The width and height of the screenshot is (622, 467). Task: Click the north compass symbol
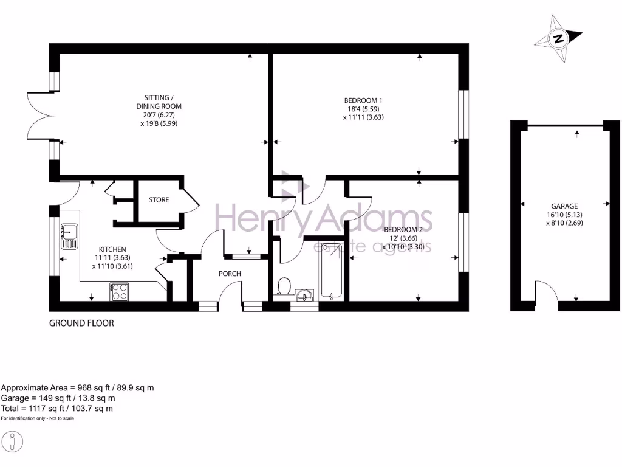(x=558, y=39)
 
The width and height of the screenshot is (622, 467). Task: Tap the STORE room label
(x=159, y=200)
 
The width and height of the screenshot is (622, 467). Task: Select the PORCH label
(x=230, y=274)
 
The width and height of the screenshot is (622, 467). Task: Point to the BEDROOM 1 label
(x=363, y=100)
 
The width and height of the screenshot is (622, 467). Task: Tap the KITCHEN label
(x=112, y=249)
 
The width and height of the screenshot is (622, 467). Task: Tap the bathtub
(x=332, y=271)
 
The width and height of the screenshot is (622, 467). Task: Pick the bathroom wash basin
(x=304, y=296)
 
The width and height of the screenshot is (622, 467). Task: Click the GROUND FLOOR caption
(x=81, y=323)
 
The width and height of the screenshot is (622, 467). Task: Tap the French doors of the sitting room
(x=39, y=116)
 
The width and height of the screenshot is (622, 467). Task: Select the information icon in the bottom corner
(x=12, y=441)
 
